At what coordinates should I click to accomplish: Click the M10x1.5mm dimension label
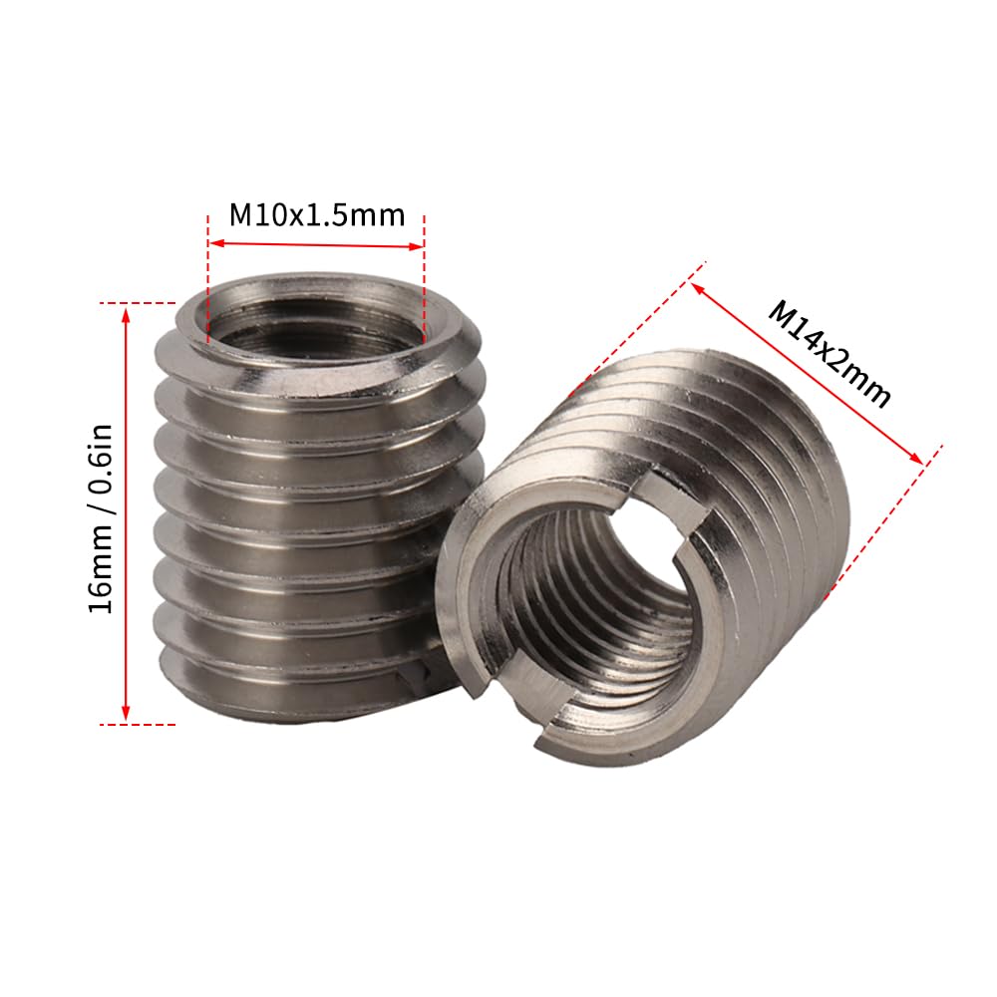317,215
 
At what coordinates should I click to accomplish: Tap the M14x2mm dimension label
830,354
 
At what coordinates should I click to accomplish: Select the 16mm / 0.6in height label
101,517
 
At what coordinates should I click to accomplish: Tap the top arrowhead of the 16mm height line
126,315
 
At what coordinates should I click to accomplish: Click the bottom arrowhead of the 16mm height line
126,713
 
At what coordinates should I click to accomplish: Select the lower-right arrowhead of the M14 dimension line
914,458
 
